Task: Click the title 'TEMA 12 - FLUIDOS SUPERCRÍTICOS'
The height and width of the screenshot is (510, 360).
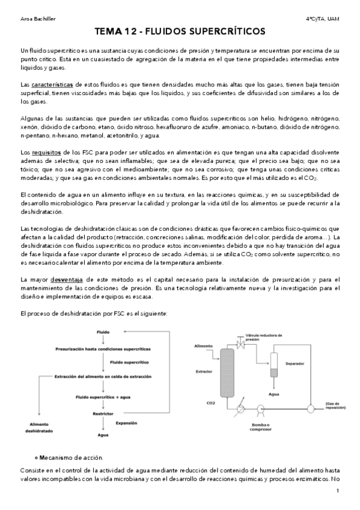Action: pyautogui.click(x=180, y=31)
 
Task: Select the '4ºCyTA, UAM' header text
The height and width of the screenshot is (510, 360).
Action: pyautogui.click(x=323, y=19)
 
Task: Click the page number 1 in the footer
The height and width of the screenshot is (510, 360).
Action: pyautogui.click(x=338, y=491)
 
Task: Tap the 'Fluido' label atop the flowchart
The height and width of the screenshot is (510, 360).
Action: pyautogui.click(x=103, y=332)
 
